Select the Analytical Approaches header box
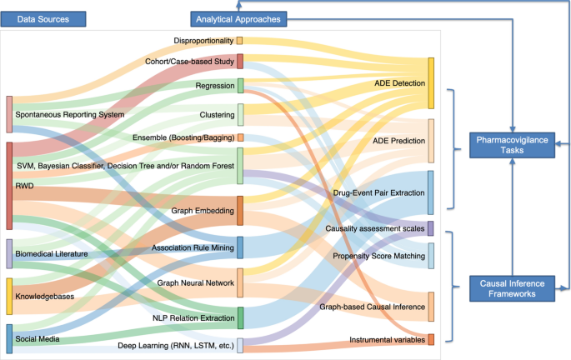tap(238, 18)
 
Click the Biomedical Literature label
tap(52, 253)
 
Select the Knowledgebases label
tap(45, 296)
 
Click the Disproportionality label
tap(203, 40)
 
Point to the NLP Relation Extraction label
tap(193, 318)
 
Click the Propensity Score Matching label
tap(379, 256)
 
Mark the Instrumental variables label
tap(387, 340)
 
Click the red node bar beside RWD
tap(9, 185)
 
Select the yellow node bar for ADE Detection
tap(431, 83)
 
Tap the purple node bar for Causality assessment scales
tap(430, 228)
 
